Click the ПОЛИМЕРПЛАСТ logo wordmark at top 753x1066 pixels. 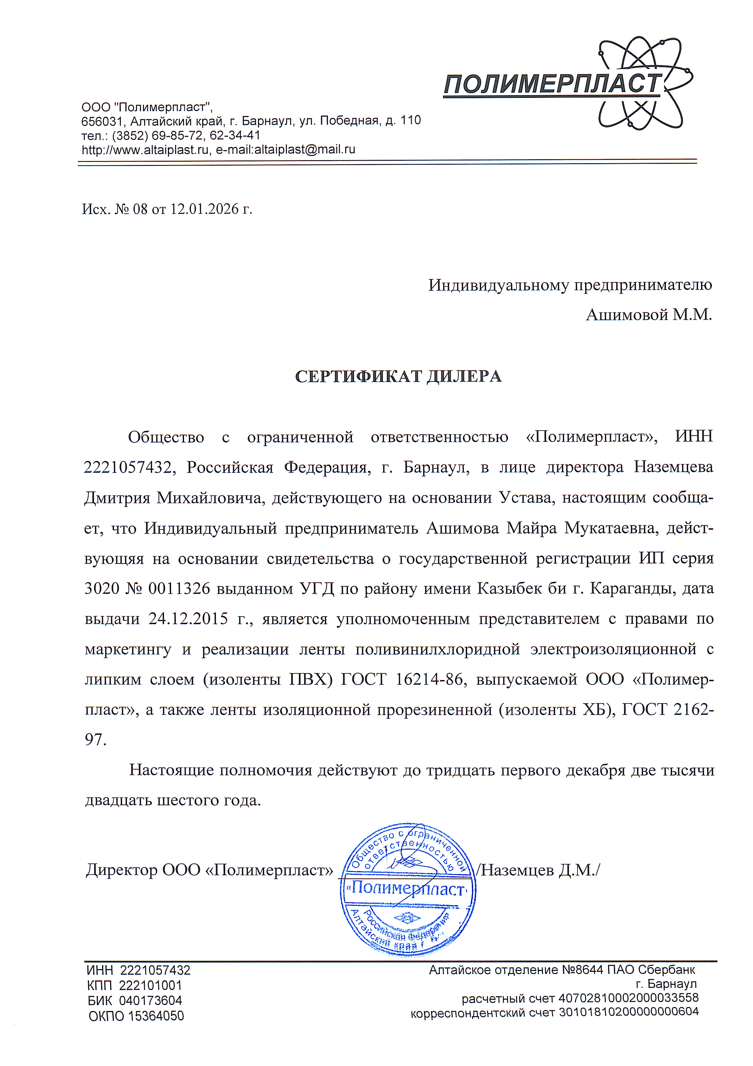tap(552, 84)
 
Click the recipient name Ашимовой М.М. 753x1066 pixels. tap(649, 315)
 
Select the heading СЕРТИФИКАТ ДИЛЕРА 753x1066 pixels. tap(398, 376)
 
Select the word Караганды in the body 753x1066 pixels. tap(630, 589)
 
